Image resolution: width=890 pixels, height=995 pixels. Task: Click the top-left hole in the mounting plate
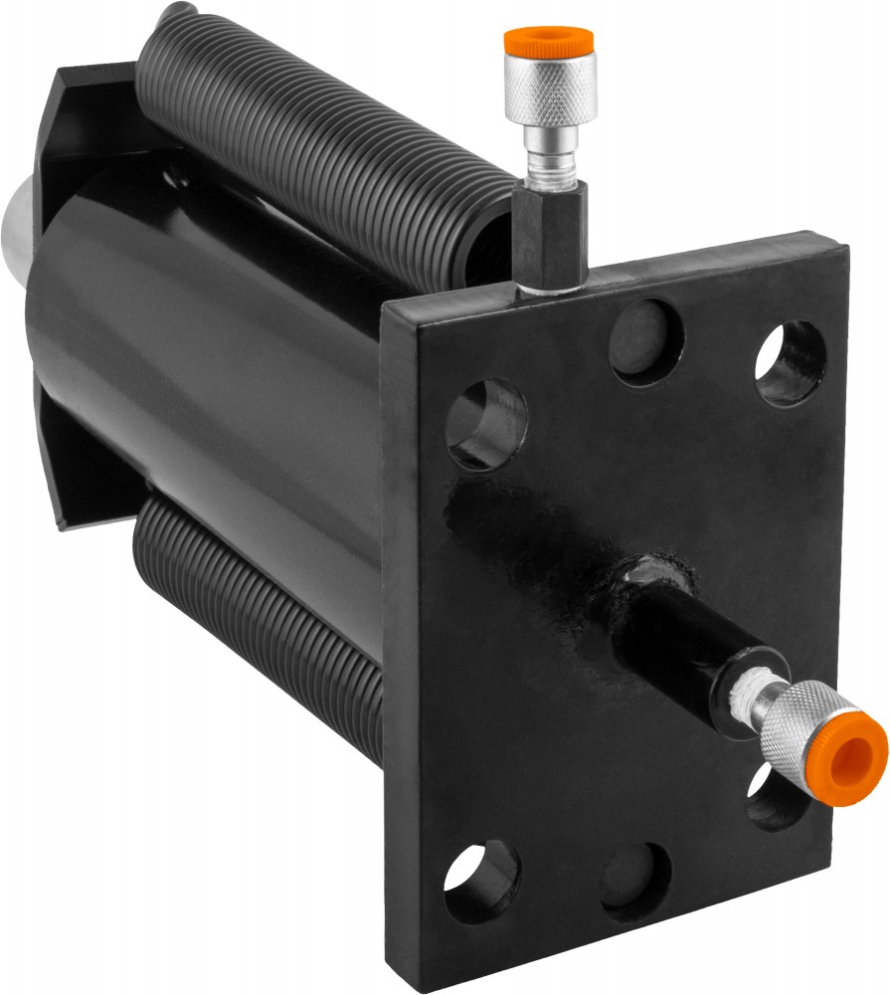click(486, 424)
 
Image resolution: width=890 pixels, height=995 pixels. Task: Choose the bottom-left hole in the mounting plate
click(481, 881)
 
